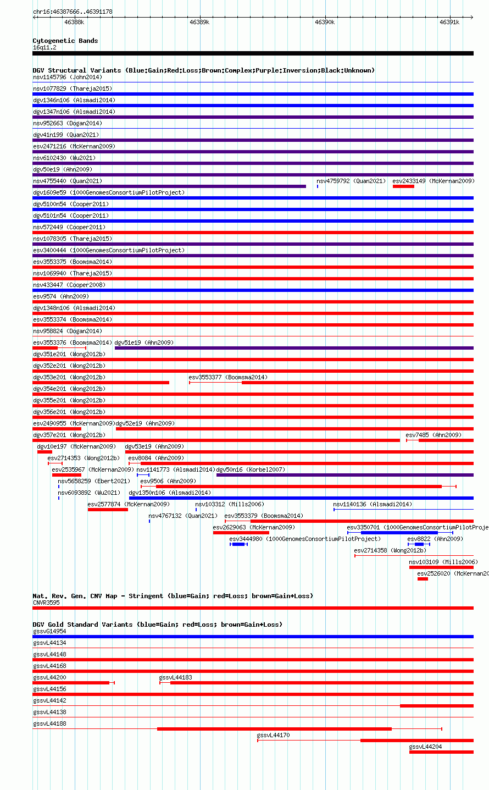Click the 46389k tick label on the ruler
coord(199,22)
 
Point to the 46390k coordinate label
coord(324,22)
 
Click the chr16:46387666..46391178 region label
coord(73,12)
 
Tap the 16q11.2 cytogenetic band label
coord(45,48)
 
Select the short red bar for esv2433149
coord(403,186)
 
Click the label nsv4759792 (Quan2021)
coord(351,181)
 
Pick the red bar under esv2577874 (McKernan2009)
coord(108,510)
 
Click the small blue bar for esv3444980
coord(238,544)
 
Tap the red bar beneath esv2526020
coord(423,579)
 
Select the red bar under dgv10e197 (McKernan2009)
coord(45,452)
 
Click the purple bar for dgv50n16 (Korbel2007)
coord(345,475)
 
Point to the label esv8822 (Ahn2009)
coord(435,539)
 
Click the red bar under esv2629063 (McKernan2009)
coord(241,533)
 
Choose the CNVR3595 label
coord(46,603)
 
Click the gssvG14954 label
coord(49,631)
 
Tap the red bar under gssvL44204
coord(441,752)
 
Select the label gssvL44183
coord(176,677)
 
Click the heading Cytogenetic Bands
coord(65,41)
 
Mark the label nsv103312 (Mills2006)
coord(230,504)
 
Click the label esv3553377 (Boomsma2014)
coord(228,377)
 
